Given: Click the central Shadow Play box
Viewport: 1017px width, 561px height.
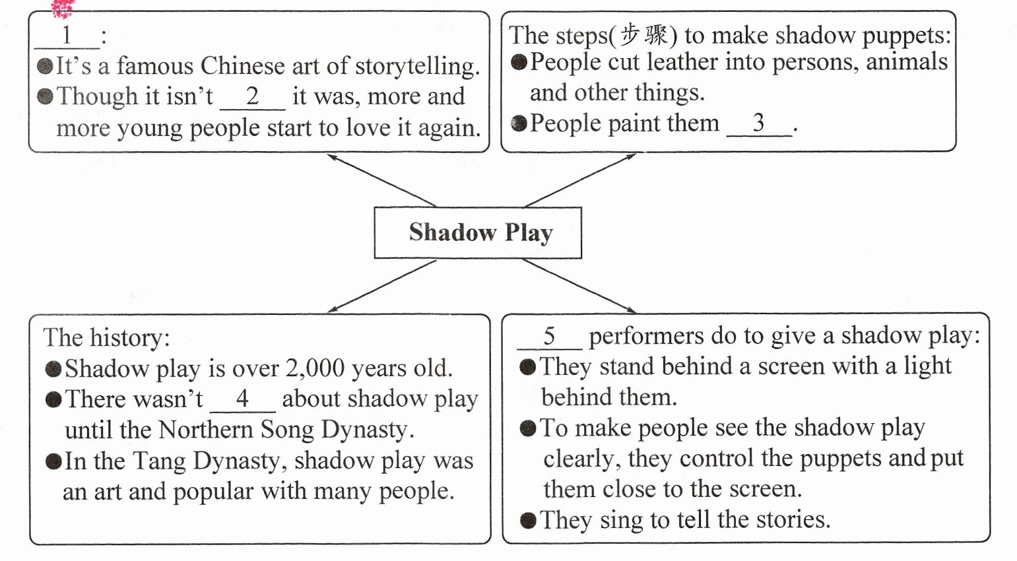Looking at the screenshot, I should pyautogui.click(x=478, y=232).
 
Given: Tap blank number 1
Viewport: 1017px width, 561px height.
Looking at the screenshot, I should pyautogui.click(x=67, y=36).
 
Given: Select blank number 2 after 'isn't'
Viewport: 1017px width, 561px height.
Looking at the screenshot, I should pyautogui.click(x=252, y=98).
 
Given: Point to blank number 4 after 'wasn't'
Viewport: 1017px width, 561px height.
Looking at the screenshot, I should pyautogui.click(x=242, y=399).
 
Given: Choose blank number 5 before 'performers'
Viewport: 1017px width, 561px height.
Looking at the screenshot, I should pyautogui.click(x=549, y=337).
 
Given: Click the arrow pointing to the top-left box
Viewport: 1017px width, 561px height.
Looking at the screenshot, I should pyautogui.click(x=381, y=180).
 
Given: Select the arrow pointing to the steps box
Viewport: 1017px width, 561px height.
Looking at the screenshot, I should pyautogui.click(x=580, y=180).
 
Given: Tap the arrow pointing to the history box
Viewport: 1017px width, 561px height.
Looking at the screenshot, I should pyautogui.click(x=381, y=286).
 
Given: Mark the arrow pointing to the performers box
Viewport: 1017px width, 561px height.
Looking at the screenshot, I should pyautogui.click(x=579, y=286).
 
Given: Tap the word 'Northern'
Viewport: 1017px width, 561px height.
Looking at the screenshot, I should pyautogui.click(x=205, y=430).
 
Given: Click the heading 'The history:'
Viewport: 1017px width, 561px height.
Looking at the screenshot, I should pyautogui.click(x=106, y=337).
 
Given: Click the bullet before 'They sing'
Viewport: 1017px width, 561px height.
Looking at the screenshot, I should pyautogui.click(x=527, y=521).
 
